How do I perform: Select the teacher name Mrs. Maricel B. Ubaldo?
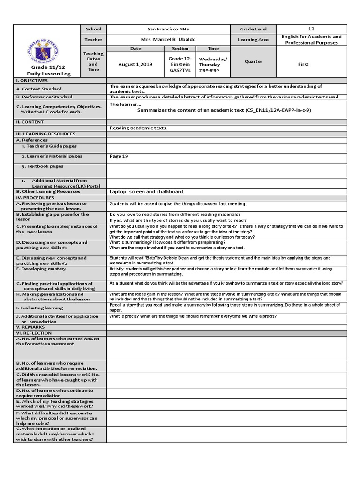click(x=168, y=40)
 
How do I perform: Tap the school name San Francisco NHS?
click(x=168, y=29)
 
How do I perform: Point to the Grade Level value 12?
click(x=311, y=29)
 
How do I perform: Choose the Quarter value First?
click(x=303, y=65)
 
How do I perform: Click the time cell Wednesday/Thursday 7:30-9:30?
click(x=212, y=65)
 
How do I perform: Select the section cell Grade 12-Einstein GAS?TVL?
click(x=180, y=65)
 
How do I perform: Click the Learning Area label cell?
click(x=254, y=40)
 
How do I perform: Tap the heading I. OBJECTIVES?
click(x=32, y=81)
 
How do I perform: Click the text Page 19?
click(x=119, y=156)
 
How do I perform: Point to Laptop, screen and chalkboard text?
click(x=147, y=191)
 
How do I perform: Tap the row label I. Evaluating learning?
click(x=39, y=308)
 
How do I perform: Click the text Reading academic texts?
click(x=138, y=128)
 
